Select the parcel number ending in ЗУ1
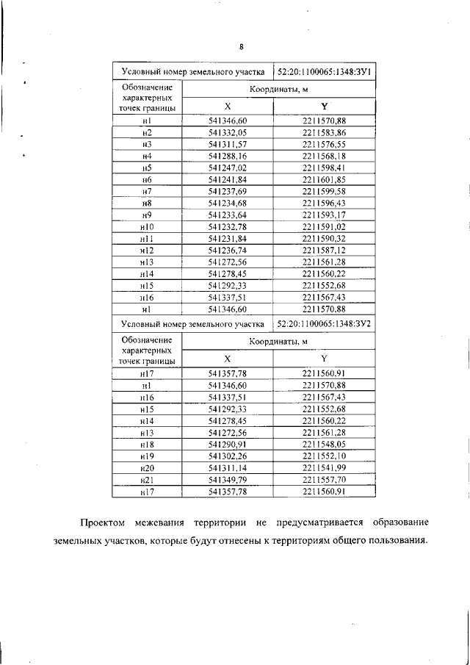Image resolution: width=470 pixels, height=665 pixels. (x=324, y=72)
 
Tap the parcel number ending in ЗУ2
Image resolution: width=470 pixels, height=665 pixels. (x=324, y=323)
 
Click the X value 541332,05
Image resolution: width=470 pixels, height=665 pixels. (x=228, y=132)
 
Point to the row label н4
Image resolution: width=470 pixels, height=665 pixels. (x=147, y=157)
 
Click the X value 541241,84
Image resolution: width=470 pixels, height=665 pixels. (x=228, y=180)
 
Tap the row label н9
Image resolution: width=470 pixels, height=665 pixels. (x=147, y=215)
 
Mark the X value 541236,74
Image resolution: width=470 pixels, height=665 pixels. (x=228, y=251)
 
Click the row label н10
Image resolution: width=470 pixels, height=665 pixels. (x=147, y=227)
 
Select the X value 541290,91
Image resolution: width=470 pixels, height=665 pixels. (x=228, y=444)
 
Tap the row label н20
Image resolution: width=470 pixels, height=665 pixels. (x=147, y=468)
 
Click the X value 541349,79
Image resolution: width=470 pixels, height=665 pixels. (x=228, y=480)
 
